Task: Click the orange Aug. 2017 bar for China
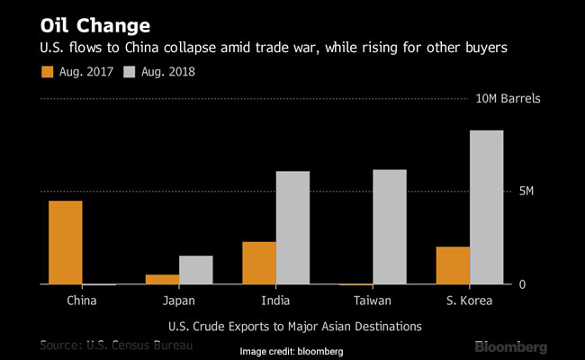pos(66,242)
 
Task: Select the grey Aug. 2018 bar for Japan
pos(196,270)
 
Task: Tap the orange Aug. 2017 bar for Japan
pos(162,279)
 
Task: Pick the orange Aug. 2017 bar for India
pos(259,263)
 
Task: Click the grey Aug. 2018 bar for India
pos(293,228)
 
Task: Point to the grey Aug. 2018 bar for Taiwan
pos(390,227)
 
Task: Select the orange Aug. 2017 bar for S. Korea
pos(453,265)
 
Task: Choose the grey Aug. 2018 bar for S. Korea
pos(487,207)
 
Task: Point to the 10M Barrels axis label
pos(508,98)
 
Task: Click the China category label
pos(82,301)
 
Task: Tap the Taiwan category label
pos(373,301)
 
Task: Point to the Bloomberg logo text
pos(510,346)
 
